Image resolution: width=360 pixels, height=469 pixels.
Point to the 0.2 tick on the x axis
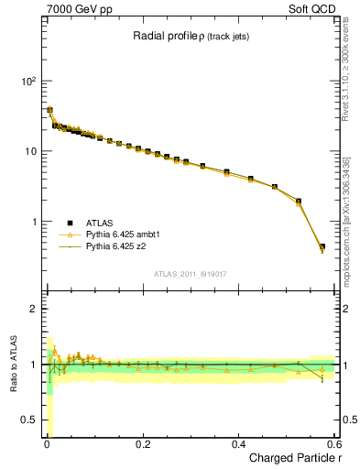point(142,443)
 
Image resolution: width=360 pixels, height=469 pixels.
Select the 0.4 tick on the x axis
point(238,443)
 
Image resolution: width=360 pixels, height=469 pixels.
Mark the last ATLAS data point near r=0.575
point(322,246)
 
